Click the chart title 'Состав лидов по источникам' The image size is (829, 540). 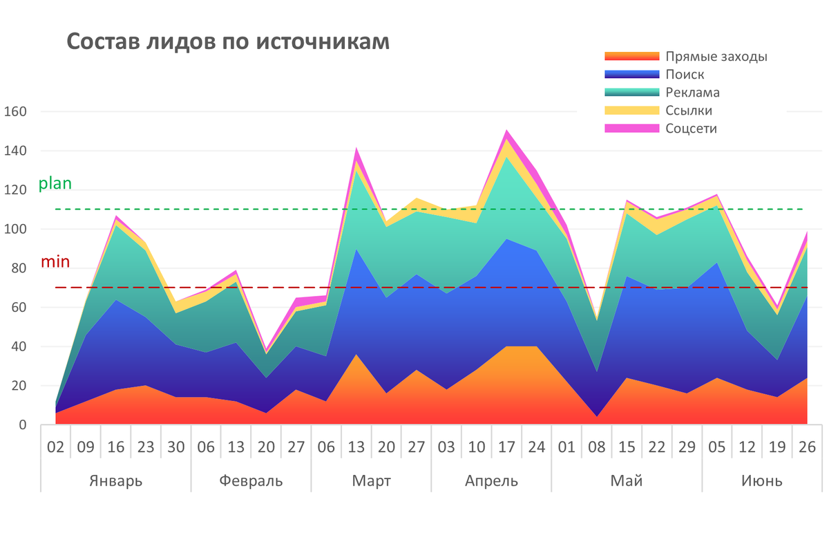[x=228, y=41]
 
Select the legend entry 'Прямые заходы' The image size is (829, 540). [x=716, y=57]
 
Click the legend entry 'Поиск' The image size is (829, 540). [x=685, y=75]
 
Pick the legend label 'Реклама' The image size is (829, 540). [x=692, y=93]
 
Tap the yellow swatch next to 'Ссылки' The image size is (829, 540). [x=631, y=111]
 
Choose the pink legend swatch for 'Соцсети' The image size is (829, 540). [x=631, y=129]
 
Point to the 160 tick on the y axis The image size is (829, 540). [x=15, y=111]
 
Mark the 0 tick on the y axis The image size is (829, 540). [x=22, y=425]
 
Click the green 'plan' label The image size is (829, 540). [x=55, y=184]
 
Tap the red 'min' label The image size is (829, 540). [x=55, y=262]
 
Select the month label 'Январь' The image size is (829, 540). [x=115, y=481]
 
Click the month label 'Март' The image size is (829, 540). [x=371, y=481]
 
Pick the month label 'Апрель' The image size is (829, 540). [x=491, y=481]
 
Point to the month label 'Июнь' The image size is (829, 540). [x=762, y=481]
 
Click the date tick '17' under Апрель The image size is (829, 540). [x=506, y=447]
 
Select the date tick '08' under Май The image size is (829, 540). [x=597, y=447]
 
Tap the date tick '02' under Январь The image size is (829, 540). [x=55, y=447]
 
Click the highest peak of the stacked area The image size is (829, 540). [x=506, y=130]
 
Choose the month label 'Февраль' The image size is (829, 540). [x=251, y=481]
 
